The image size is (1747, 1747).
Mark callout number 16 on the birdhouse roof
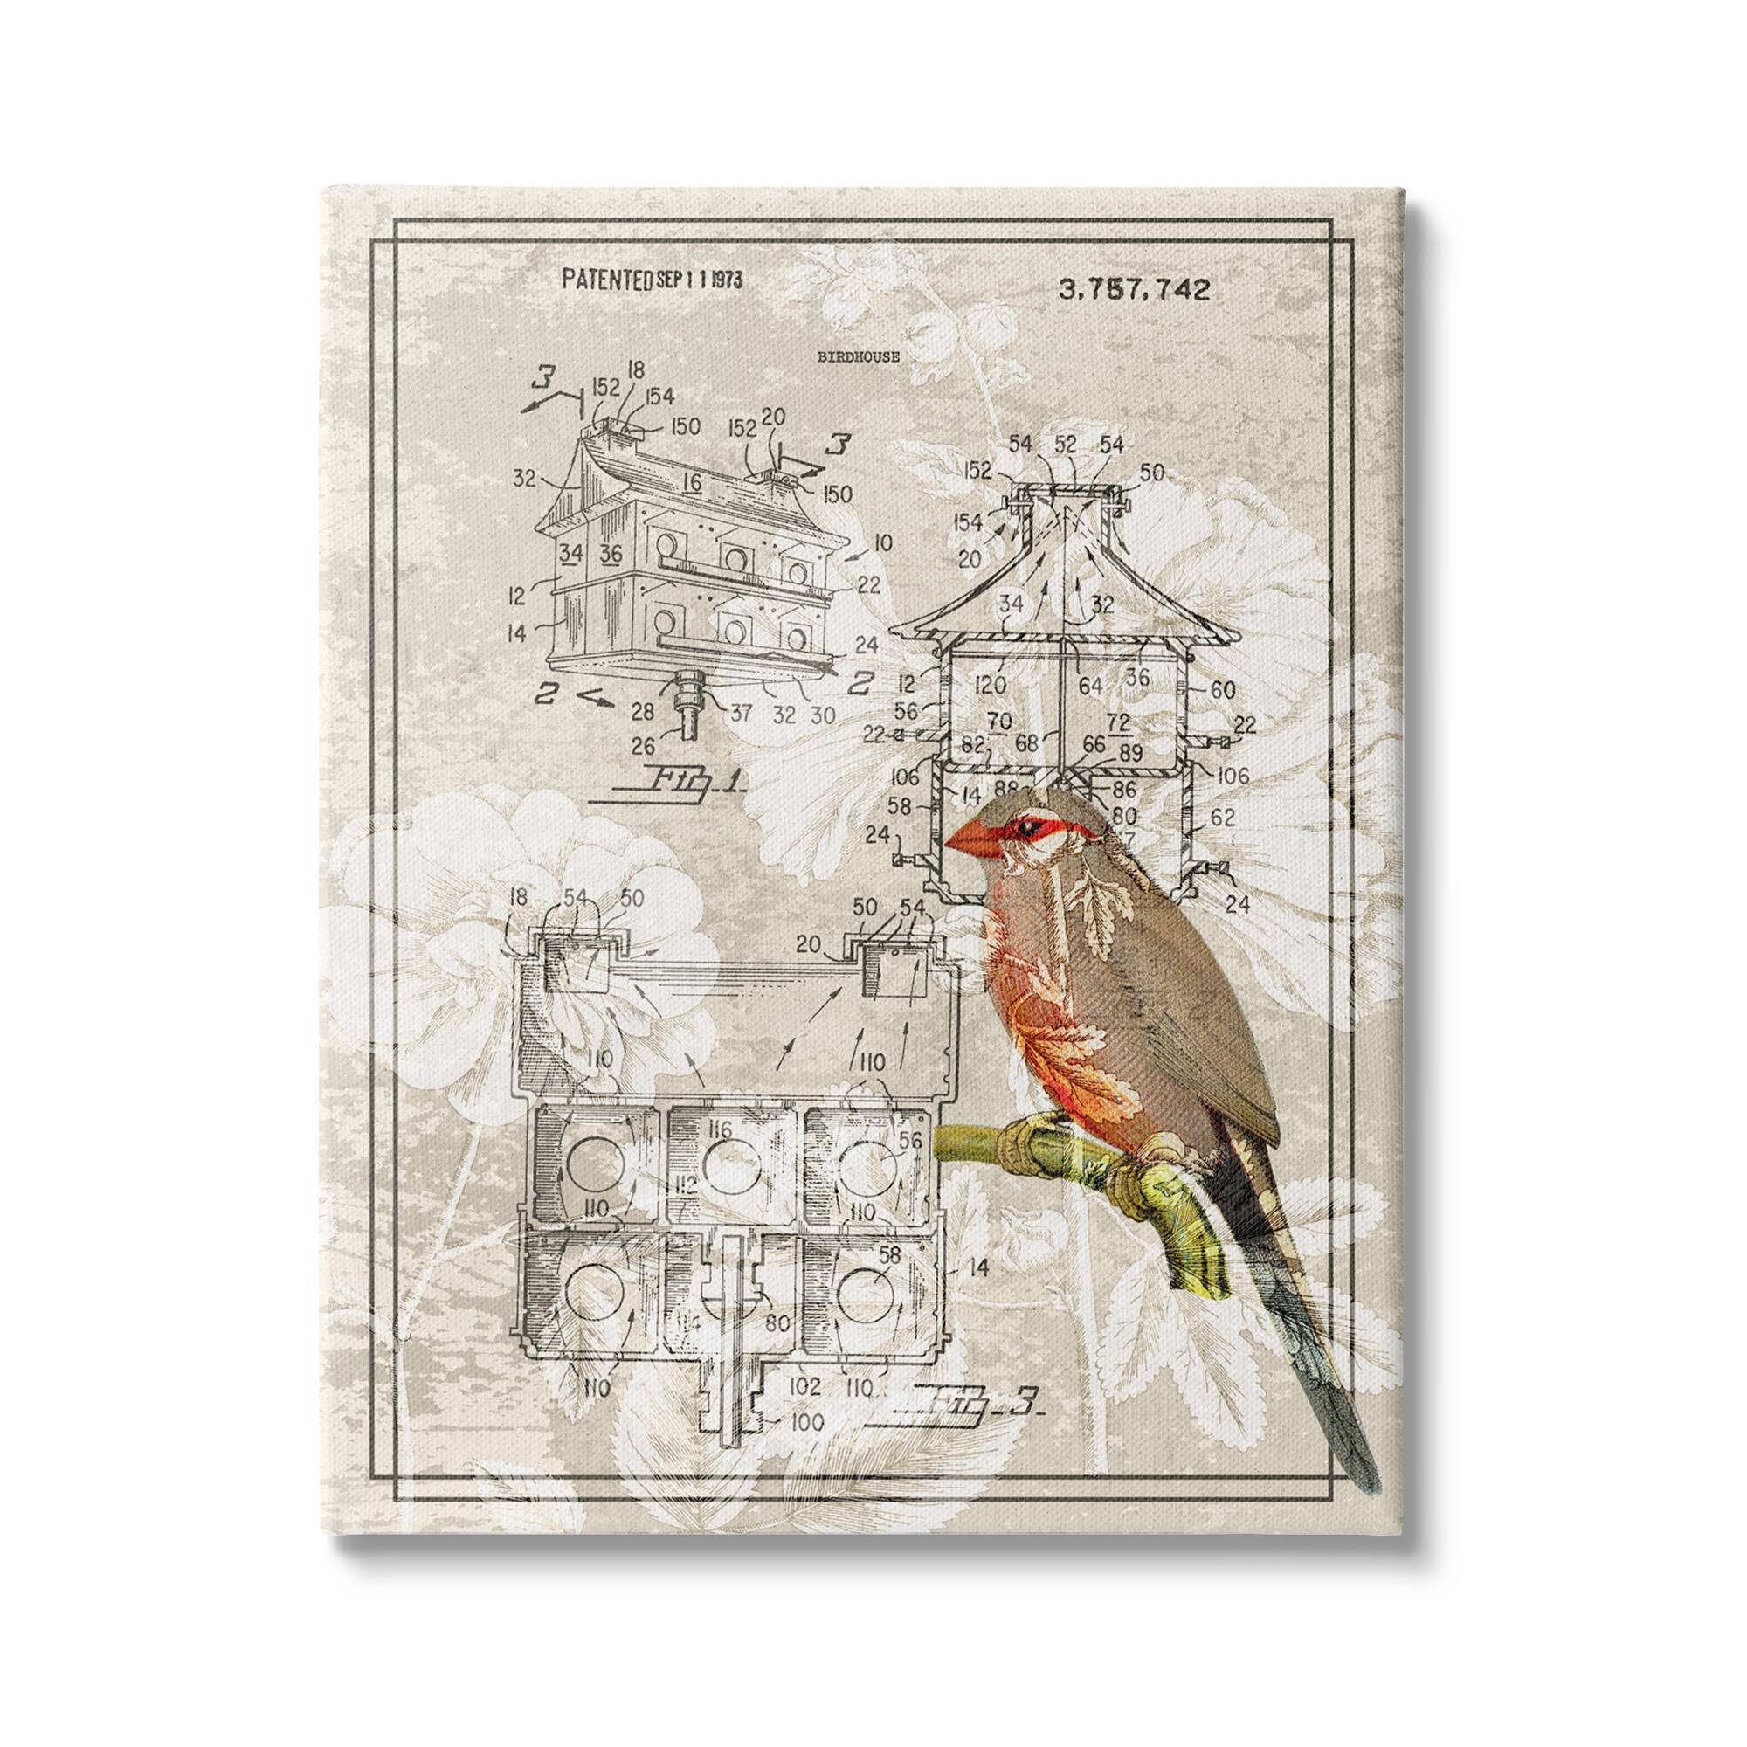pos(693,483)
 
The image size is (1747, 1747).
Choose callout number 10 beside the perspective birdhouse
pos(882,542)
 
